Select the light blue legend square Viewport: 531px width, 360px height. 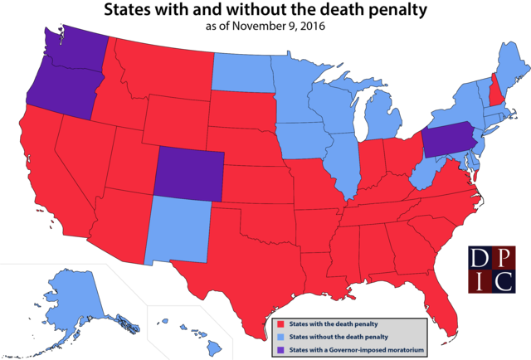(x=280, y=337)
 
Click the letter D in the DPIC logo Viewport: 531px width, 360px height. (x=479, y=259)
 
